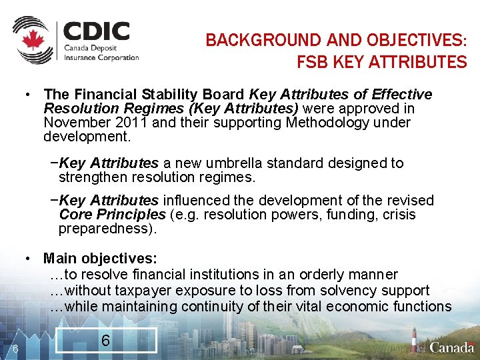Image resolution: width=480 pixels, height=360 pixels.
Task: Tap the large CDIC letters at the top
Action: (97, 31)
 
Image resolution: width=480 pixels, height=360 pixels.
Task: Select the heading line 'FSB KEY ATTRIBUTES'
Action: (381, 63)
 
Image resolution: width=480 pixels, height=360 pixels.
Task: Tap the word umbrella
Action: (224, 163)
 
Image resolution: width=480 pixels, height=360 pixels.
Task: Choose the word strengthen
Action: (91, 177)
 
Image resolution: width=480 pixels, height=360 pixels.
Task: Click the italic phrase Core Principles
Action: (112, 215)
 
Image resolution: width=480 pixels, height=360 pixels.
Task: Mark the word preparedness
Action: (107, 229)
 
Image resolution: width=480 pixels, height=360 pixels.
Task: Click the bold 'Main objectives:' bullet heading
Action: (100, 258)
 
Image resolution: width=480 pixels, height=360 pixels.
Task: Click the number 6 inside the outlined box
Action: (105, 341)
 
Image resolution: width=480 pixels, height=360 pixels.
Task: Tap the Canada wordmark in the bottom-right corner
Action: (451, 347)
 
